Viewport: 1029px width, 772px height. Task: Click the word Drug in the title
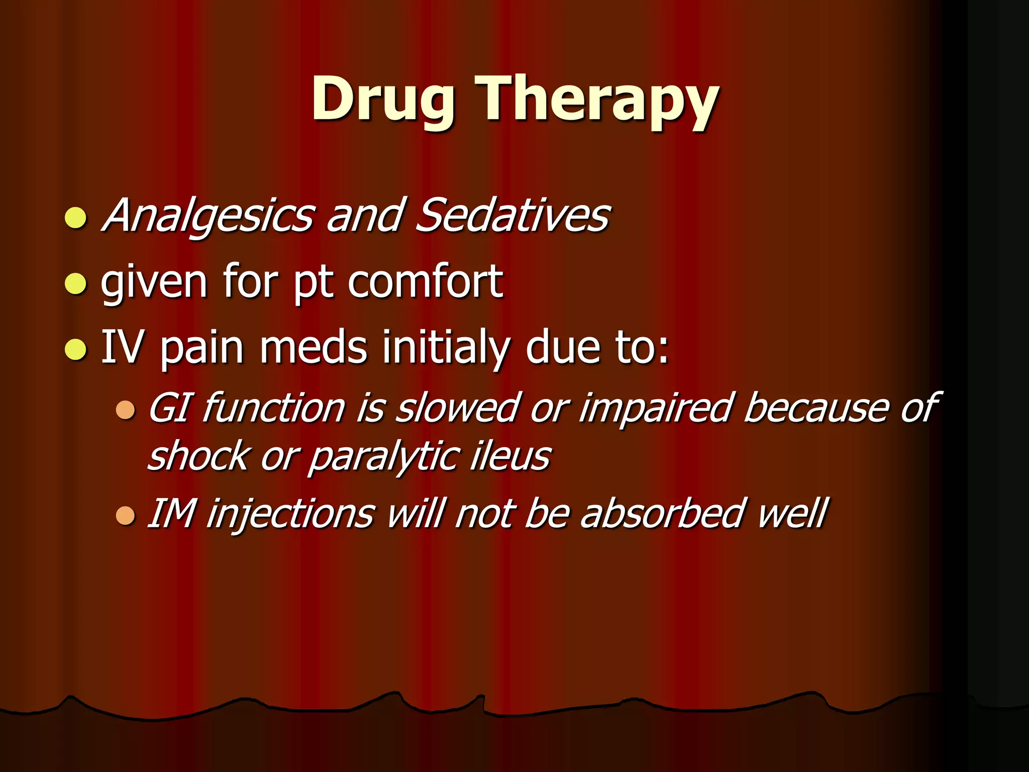pyautogui.click(x=383, y=99)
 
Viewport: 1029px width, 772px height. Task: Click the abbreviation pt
pyautogui.click(x=314, y=283)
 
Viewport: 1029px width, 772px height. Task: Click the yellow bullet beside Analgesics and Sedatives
pyautogui.click(x=76, y=218)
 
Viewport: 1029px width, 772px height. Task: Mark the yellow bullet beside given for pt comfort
pyautogui.click(x=76, y=283)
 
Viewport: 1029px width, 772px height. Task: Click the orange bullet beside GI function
pyautogui.click(x=125, y=410)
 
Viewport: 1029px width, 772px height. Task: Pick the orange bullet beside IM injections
pyautogui.click(x=125, y=516)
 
